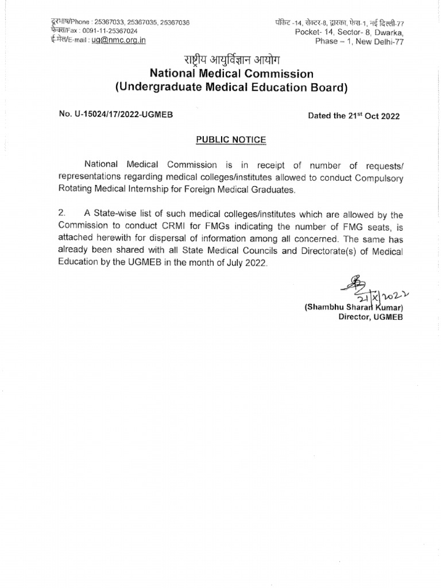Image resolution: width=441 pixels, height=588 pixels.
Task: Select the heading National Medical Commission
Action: coord(231,73)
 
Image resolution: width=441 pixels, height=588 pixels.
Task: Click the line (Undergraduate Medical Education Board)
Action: coord(231,88)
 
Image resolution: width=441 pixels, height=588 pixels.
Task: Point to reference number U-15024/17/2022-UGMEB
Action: coord(122,115)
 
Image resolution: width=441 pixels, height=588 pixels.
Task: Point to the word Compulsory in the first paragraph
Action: coord(377,177)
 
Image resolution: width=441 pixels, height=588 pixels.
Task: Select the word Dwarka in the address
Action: coord(387,32)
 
